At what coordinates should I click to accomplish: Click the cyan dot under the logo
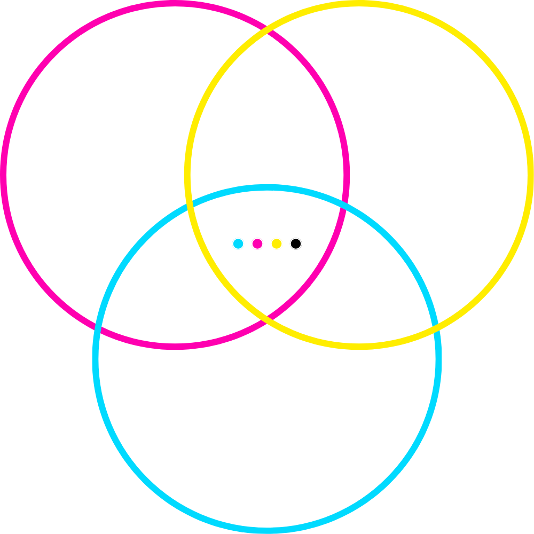(x=238, y=244)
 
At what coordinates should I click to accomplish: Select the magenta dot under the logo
(x=257, y=244)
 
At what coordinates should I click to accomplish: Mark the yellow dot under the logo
(x=276, y=244)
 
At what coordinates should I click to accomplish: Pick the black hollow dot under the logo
(x=296, y=244)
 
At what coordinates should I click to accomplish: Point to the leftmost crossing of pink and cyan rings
(x=97, y=327)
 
